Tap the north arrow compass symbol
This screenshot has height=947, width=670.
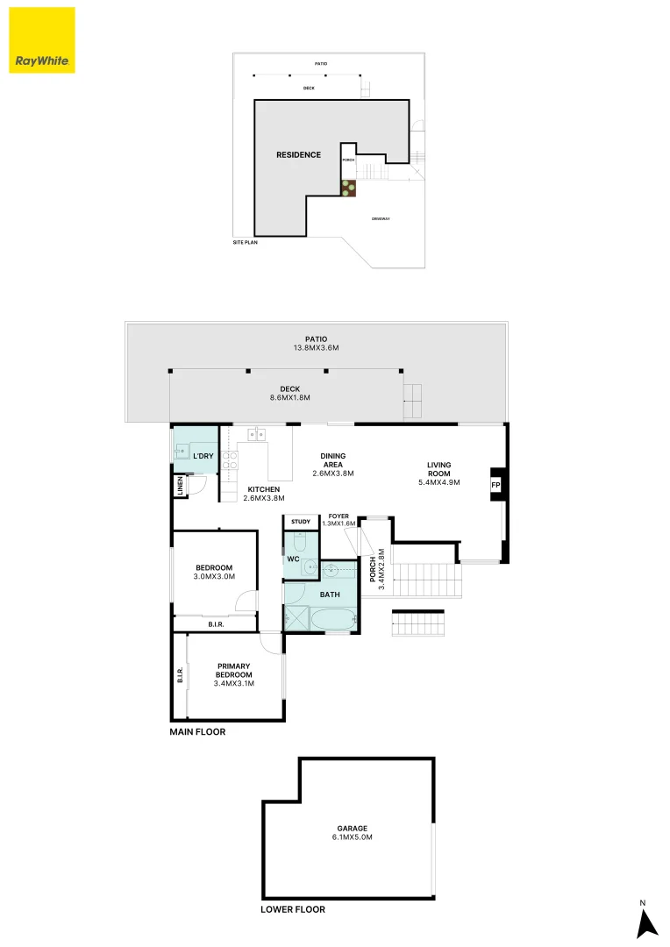click(x=646, y=922)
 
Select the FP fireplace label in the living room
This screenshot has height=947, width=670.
click(x=495, y=485)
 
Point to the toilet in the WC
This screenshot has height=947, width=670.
click(x=298, y=544)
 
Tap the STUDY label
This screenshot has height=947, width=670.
click(x=301, y=523)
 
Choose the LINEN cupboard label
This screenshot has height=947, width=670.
click(x=180, y=487)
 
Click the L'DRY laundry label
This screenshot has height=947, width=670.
click(x=203, y=457)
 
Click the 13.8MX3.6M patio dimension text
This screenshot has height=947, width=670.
click(x=316, y=348)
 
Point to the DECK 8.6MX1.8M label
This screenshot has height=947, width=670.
click(x=289, y=393)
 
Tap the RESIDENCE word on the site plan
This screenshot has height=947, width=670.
click(x=298, y=155)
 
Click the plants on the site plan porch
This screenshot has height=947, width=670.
click(x=348, y=187)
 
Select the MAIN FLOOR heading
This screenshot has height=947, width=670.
click(x=197, y=731)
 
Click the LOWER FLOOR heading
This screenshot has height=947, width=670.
click(x=293, y=909)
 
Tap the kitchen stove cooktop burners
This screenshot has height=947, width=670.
click(x=230, y=460)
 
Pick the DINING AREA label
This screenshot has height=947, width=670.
click(x=332, y=464)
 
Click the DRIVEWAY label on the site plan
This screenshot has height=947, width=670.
click(x=380, y=218)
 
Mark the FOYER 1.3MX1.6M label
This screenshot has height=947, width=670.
click(x=339, y=519)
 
